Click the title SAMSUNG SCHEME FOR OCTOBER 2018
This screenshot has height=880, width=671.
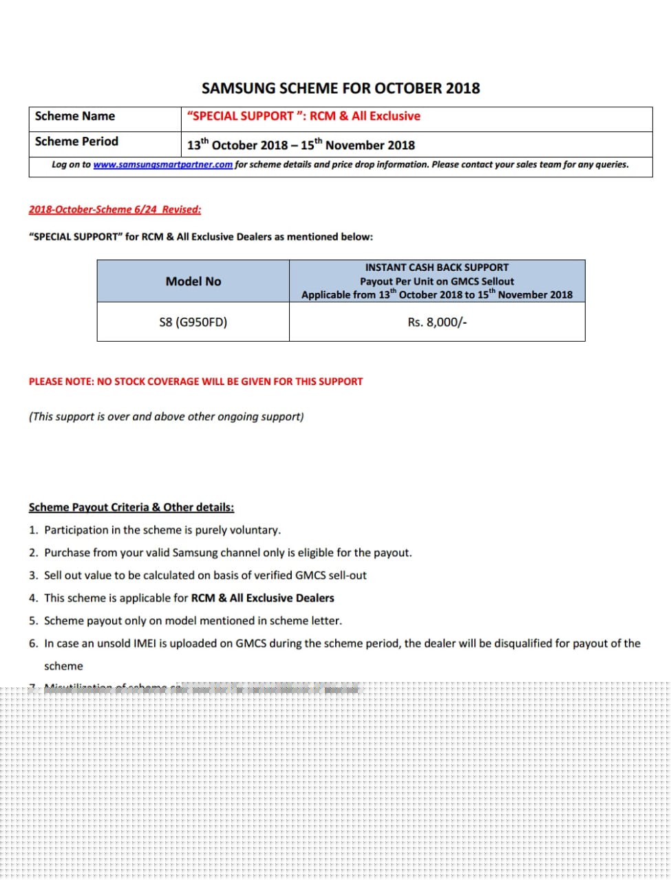pyautogui.click(x=341, y=89)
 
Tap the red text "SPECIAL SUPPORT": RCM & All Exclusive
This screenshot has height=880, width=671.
pyautogui.click(x=303, y=116)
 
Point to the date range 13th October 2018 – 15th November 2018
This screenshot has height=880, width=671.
pyautogui.click(x=301, y=145)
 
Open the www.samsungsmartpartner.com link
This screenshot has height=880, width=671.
pyautogui.click(x=162, y=165)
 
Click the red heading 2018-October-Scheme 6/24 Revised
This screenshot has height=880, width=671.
pyautogui.click(x=115, y=210)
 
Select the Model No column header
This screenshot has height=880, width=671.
pyautogui.click(x=193, y=281)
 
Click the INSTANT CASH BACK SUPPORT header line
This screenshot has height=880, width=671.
pyautogui.click(x=436, y=267)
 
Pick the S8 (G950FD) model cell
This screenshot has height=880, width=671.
pyautogui.click(x=193, y=322)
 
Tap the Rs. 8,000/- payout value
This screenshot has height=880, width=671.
pyautogui.click(x=437, y=322)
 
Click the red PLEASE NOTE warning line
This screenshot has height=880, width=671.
pyautogui.click(x=195, y=382)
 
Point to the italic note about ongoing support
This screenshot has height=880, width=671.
pyautogui.click(x=166, y=417)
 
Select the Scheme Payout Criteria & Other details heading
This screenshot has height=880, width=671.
pyautogui.click(x=131, y=507)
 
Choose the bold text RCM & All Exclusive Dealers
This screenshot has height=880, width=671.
pyautogui.click(x=262, y=598)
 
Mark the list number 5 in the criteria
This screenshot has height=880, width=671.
pyautogui.click(x=33, y=621)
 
